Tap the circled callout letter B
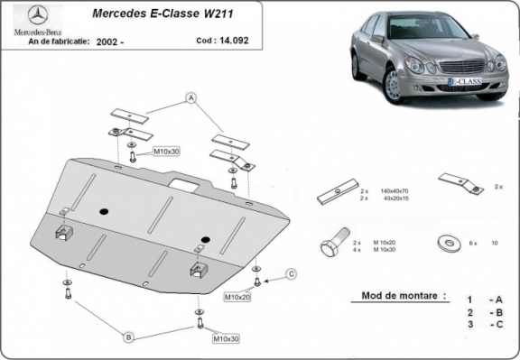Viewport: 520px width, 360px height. tap(129, 337)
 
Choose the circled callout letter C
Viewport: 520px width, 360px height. tap(291, 273)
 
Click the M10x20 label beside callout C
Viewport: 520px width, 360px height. tap(237, 296)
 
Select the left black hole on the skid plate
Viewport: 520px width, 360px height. tap(106, 211)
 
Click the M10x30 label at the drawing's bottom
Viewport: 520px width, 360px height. tap(226, 339)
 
